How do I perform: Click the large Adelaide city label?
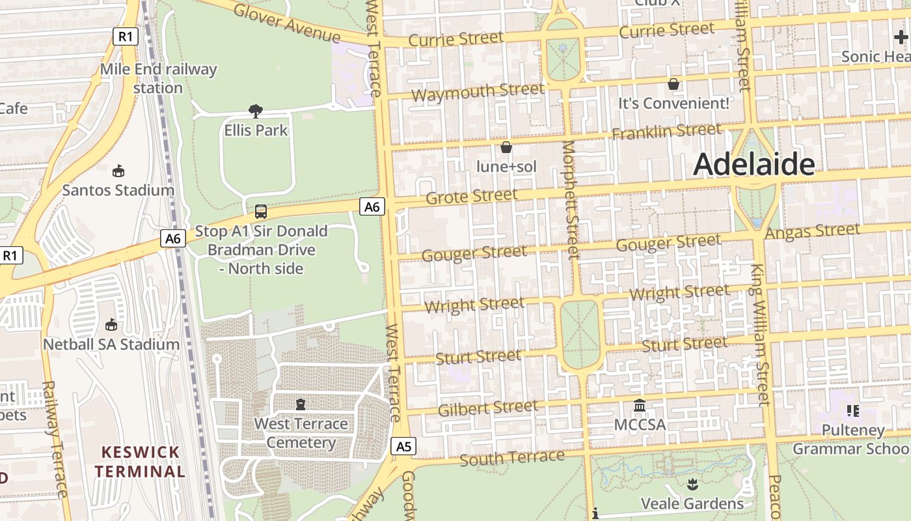tap(754, 165)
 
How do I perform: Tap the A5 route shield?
tap(404, 446)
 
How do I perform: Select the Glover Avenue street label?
tap(286, 22)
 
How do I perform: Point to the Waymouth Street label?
tap(478, 92)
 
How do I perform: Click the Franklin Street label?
tap(666, 131)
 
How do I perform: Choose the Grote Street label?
tap(472, 195)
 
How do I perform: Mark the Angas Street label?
tap(813, 231)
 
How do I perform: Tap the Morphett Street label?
tap(571, 199)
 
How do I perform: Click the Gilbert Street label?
tap(488, 408)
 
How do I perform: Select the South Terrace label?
tap(511, 458)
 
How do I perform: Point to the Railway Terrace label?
tap(55, 440)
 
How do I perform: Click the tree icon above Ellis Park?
tap(256, 111)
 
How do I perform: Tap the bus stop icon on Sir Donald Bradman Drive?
tap(261, 212)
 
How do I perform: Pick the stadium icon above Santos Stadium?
tap(118, 171)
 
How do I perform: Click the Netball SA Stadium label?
tap(111, 344)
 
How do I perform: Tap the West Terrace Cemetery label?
tap(301, 433)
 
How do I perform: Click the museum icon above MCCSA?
tap(640, 406)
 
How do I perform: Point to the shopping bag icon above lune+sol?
tap(506, 148)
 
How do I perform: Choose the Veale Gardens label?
tap(692, 503)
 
